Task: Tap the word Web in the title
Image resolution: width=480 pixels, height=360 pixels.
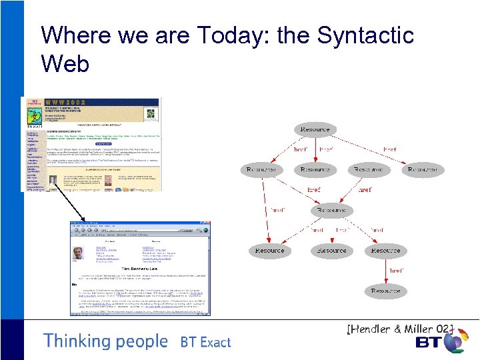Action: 65,64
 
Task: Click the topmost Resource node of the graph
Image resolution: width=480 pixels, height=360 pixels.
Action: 315,129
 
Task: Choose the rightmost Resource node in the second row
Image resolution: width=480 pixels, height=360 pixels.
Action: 422,170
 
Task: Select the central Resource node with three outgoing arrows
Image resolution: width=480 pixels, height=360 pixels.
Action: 331,210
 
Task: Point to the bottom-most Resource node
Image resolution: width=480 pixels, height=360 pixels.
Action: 385,291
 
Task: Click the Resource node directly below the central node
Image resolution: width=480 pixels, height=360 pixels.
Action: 331,251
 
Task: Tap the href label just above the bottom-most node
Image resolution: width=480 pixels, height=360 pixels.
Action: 395,271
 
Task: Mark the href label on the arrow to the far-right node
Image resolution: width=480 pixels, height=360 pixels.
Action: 389,149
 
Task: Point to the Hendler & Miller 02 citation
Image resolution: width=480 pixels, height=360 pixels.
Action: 400,329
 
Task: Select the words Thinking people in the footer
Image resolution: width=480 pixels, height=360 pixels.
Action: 105,341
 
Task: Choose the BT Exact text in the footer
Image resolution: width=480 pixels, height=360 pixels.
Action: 205,343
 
